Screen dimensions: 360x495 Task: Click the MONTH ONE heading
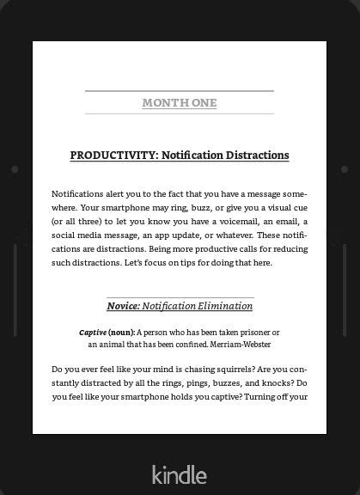(x=179, y=103)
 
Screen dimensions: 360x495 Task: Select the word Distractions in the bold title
(x=257, y=156)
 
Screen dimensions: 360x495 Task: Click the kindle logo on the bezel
(x=179, y=474)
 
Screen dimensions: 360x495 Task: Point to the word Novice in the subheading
(x=122, y=306)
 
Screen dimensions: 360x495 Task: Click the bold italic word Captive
(x=93, y=332)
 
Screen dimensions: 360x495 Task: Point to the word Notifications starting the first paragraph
(x=78, y=194)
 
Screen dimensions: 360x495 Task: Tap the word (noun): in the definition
(x=121, y=332)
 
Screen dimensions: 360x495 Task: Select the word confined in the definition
(x=188, y=344)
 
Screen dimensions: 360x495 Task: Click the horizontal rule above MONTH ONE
(x=179, y=90)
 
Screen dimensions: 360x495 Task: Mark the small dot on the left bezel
(x=15, y=169)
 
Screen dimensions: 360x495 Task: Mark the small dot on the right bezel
(x=345, y=169)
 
